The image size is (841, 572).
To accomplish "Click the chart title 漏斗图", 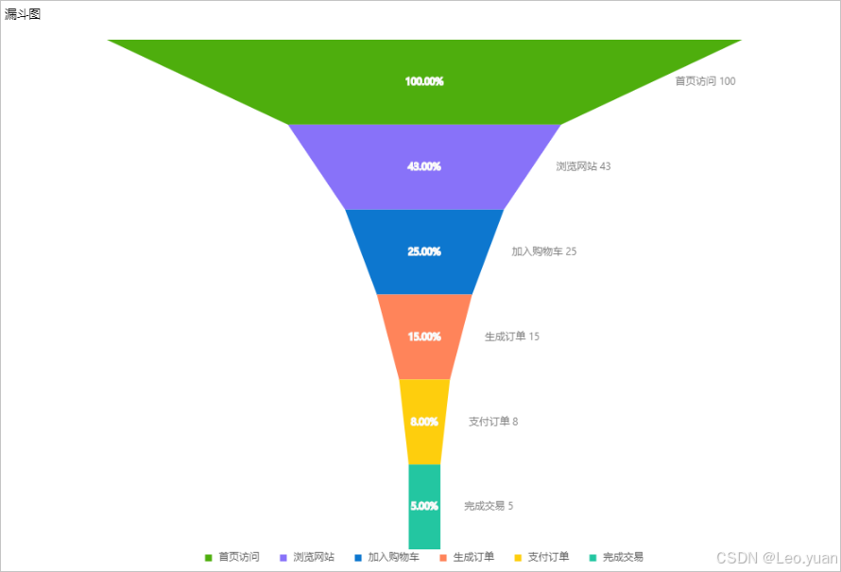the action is pyautogui.click(x=23, y=14).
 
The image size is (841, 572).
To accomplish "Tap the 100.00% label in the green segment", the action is pyautogui.click(x=424, y=81).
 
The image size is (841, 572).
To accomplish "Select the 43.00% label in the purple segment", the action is pyautogui.click(x=424, y=166).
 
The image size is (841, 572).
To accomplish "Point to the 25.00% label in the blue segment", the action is pyautogui.click(x=424, y=251).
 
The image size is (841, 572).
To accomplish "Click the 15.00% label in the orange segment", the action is pyautogui.click(x=424, y=337).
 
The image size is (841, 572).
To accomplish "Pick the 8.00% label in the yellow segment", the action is pyautogui.click(x=424, y=422).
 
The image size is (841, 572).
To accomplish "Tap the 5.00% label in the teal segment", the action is pyautogui.click(x=424, y=506).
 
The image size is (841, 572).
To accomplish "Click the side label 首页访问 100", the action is pyautogui.click(x=705, y=81).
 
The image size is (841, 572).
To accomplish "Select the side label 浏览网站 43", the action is pyautogui.click(x=583, y=166).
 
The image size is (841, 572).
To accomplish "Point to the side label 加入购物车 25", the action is pyautogui.click(x=544, y=251).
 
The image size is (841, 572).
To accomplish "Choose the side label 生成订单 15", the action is pyautogui.click(x=512, y=337).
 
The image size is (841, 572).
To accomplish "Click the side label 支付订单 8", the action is pyautogui.click(x=493, y=422).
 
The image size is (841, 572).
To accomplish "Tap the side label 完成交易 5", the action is pyautogui.click(x=489, y=506).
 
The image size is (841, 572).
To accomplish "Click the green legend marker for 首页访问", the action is pyautogui.click(x=209, y=558).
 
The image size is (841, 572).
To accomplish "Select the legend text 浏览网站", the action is pyautogui.click(x=314, y=557).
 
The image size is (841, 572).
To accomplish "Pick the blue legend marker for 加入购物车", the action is pyautogui.click(x=358, y=558).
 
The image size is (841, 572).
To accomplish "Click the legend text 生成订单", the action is pyautogui.click(x=473, y=557).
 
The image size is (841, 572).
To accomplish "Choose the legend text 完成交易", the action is pyautogui.click(x=623, y=557).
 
